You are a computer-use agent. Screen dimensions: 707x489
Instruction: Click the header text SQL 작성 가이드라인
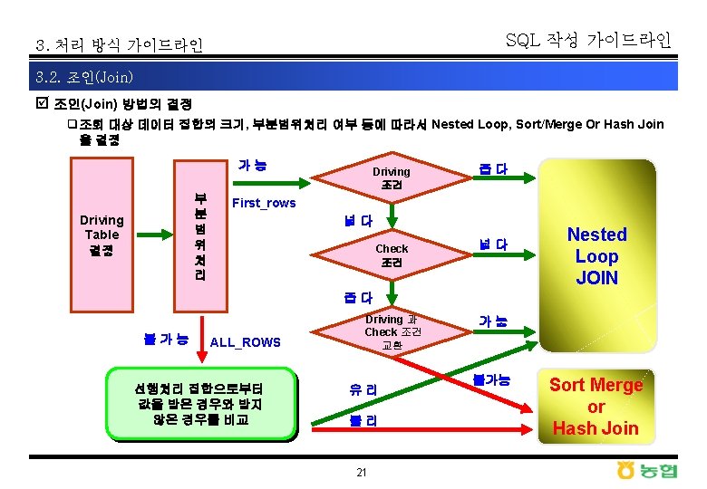click(x=588, y=40)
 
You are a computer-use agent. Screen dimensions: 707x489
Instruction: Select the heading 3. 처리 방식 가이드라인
click(x=119, y=44)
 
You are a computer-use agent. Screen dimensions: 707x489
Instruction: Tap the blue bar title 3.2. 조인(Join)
click(x=82, y=76)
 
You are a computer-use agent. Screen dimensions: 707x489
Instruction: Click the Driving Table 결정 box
click(x=102, y=234)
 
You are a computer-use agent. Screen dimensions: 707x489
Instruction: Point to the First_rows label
click(x=264, y=203)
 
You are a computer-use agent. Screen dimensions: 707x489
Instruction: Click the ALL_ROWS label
click(x=245, y=341)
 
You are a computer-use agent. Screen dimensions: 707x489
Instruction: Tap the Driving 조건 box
click(x=392, y=177)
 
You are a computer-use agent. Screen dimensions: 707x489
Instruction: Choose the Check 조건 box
click(x=392, y=254)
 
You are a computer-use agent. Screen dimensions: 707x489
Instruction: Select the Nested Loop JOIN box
click(x=596, y=255)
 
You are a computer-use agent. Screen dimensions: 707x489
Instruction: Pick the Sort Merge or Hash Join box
click(x=596, y=406)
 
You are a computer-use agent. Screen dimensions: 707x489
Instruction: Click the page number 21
click(x=361, y=473)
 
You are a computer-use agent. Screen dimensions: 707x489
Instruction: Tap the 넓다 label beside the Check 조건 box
click(x=493, y=244)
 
